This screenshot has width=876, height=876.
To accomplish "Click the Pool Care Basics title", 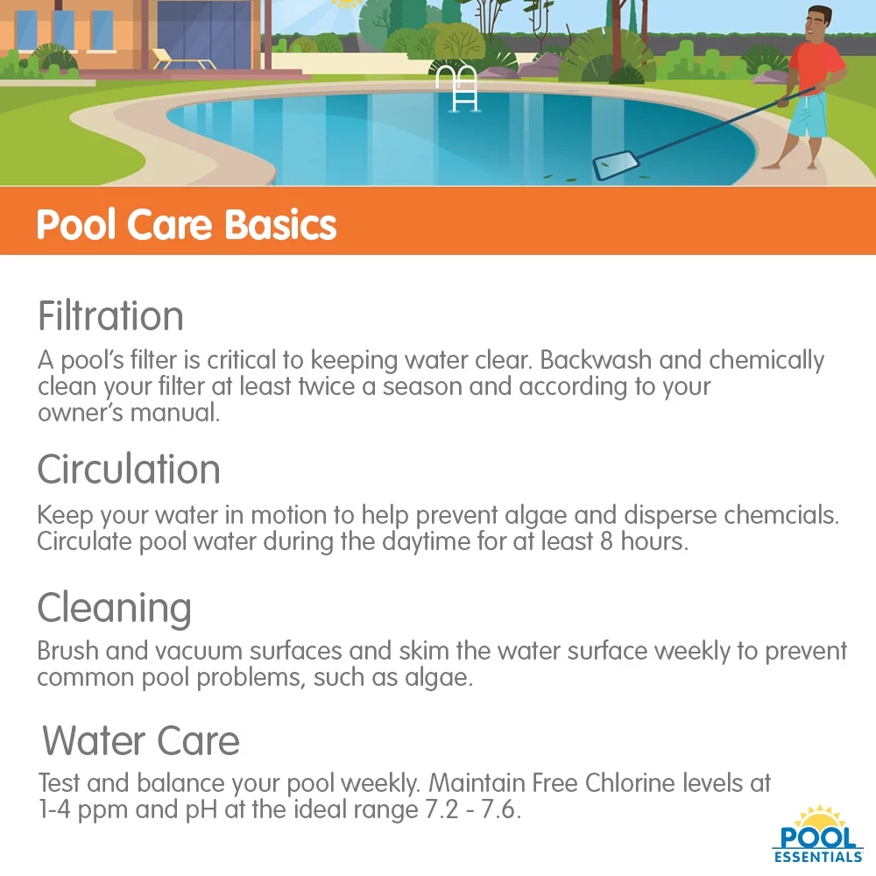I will pyautogui.click(x=186, y=225).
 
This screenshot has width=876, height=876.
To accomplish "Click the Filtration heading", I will pyautogui.click(x=110, y=316).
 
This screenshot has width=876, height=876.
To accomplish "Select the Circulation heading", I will pyautogui.click(x=128, y=470).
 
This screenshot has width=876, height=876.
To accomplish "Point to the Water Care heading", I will pyautogui.click(x=140, y=741).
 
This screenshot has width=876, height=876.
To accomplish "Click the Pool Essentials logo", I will pyautogui.click(x=817, y=837).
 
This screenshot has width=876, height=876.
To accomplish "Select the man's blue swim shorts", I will pyautogui.click(x=808, y=118).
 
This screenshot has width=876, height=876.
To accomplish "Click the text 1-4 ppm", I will pyautogui.click(x=82, y=809).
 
